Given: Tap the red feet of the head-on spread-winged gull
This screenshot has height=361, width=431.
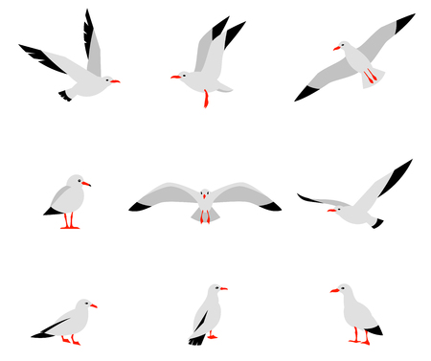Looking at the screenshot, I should tap(204, 218).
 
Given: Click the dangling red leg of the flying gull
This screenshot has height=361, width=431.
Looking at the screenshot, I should tap(205, 98).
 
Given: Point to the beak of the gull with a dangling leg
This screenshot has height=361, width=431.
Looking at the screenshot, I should tap(174, 77).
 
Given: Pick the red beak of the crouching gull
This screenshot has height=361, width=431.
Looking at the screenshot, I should tap(94, 306).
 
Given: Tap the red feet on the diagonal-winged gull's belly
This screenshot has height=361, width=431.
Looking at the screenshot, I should tap(369, 77).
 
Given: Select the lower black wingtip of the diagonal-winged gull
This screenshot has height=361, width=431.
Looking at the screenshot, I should tap(306, 94).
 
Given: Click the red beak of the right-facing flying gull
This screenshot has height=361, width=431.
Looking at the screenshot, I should tap(115, 81).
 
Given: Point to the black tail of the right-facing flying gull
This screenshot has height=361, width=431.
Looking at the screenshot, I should tap(64, 95).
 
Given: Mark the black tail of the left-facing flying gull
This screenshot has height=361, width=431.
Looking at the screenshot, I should tap(377, 223).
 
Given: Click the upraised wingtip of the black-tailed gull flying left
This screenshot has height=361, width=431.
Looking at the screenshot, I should tap(402, 169).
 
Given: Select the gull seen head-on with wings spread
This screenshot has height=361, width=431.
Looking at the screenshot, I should tap(204, 199).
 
